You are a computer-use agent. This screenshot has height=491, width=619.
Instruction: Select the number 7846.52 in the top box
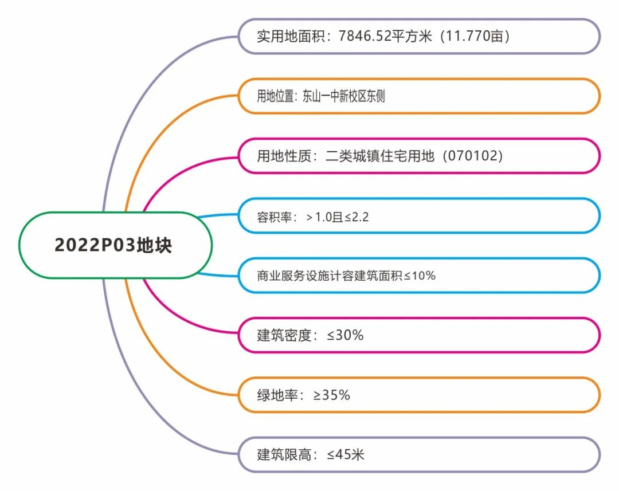[x=365, y=36]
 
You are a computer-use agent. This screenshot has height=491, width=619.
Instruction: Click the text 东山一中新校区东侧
[x=343, y=96]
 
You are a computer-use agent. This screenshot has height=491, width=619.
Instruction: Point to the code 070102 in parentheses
[x=472, y=156]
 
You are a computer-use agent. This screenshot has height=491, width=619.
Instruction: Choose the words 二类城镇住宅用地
[x=380, y=156]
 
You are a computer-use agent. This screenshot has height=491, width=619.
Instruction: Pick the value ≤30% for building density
[x=345, y=336]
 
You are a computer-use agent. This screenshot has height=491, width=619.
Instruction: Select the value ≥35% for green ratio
[x=332, y=395]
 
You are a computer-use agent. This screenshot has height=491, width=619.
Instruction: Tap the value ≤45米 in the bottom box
[x=346, y=455]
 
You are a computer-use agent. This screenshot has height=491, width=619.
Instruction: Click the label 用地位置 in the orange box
[x=275, y=96]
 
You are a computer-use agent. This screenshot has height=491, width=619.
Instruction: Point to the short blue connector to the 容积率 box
[x=217, y=215]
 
